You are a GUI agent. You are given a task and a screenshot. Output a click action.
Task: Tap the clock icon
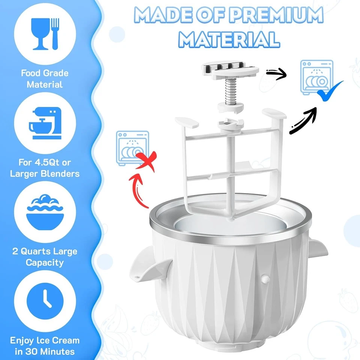[45, 299]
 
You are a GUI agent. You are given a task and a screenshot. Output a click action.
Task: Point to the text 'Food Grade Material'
[45, 79]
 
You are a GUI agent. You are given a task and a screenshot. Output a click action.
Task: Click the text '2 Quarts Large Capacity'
[45, 256]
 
